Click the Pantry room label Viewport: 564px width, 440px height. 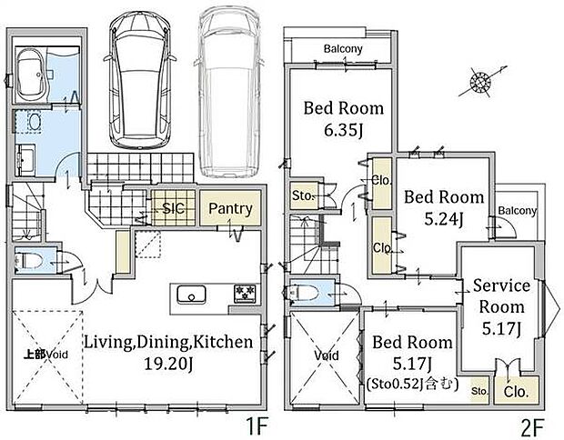coord(230,208)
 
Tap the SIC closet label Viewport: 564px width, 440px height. coord(174,208)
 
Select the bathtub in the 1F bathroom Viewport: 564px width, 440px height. coord(30,75)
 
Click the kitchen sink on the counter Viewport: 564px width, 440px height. coord(191,295)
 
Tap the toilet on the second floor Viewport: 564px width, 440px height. coord(301,292)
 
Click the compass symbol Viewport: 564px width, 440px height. coord(480,83)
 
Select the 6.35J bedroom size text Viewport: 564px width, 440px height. coord(343,130)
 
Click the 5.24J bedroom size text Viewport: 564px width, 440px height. coord(444,219)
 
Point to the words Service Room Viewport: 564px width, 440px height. coord(501,296)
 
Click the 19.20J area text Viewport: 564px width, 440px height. coord(168,364)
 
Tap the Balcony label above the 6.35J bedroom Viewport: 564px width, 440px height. coord(343,48)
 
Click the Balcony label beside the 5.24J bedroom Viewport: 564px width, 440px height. coord(518,210)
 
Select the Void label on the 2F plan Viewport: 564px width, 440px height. coord(327,355)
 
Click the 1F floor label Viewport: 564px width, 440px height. coord(257,427)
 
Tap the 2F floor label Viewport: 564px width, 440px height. coord(531,427)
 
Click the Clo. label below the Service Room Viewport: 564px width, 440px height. coord(516,392)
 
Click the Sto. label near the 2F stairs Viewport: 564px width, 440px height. coord(304,196)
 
